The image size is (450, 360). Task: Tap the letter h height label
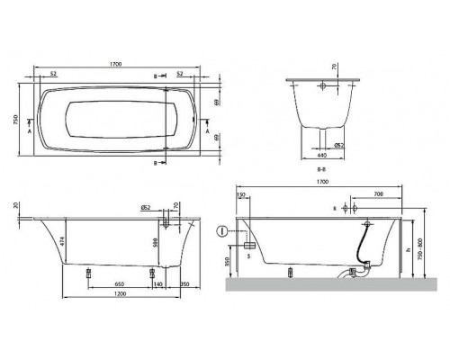pos(410,249)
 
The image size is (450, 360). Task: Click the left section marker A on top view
pos(32,130)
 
